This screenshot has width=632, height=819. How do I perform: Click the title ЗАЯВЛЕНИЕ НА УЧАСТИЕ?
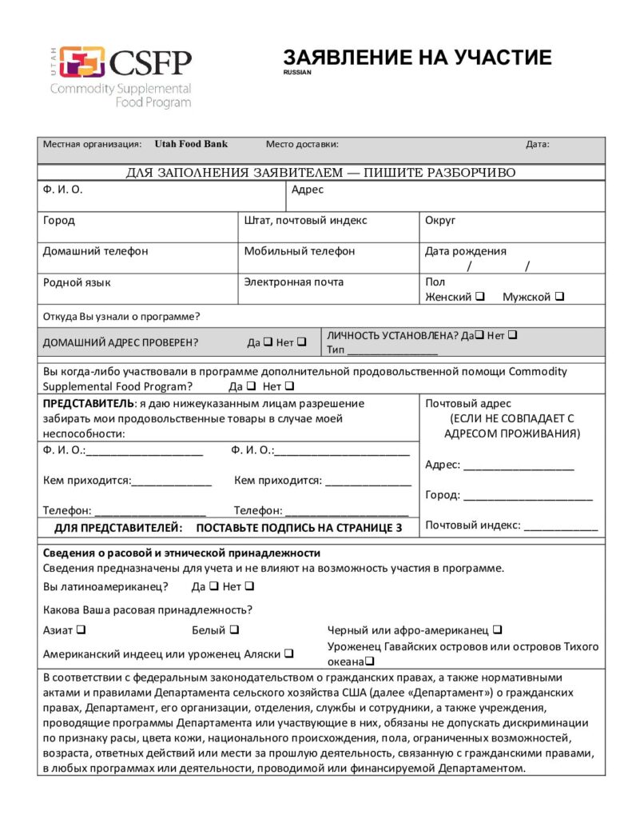[417, 58]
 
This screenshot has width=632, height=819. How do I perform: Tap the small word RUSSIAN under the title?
[296, 73]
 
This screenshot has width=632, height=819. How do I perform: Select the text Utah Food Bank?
[191, 144]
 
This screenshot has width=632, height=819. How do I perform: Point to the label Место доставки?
[302, 145]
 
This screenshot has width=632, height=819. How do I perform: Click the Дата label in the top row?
[537, 145]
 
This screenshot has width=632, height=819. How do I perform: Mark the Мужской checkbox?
[559, 296]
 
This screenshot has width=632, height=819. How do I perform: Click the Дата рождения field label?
[465, 251]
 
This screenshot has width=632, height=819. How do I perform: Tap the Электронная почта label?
[294, 282]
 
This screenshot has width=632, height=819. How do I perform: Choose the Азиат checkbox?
[81, 629]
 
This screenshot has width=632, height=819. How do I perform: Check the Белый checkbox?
[234, 629]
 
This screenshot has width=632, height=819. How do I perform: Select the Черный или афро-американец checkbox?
[498, 629]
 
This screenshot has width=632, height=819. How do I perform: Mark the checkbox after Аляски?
[288, 653]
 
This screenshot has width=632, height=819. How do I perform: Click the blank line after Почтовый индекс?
[560, 526]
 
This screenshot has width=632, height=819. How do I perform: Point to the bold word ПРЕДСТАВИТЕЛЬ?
[88, 403]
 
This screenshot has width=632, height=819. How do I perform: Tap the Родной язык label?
[77, 282]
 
